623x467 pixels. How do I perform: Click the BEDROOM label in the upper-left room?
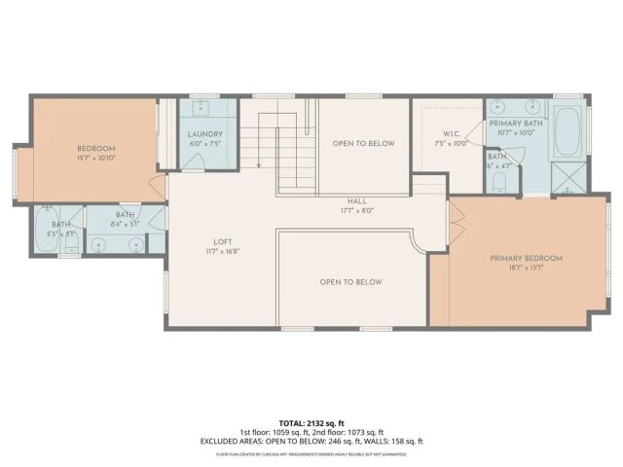[x=96, y=148]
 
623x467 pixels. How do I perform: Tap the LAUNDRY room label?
[x=205, y=134]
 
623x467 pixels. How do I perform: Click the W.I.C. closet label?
[x=451, y=133]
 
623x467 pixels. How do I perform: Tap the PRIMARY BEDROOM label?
[x=526, y=258]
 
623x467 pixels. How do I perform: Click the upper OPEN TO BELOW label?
[x=363, y=143]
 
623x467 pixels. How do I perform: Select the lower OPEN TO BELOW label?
[x=351, y=282]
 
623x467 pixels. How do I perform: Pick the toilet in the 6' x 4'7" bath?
[x=499, y=181]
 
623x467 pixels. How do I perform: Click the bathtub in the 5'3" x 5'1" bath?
[x=49, y=230]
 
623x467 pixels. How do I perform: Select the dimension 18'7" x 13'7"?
[x=526, y=269]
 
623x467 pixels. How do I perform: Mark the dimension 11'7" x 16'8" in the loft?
[x=223, y=251]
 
